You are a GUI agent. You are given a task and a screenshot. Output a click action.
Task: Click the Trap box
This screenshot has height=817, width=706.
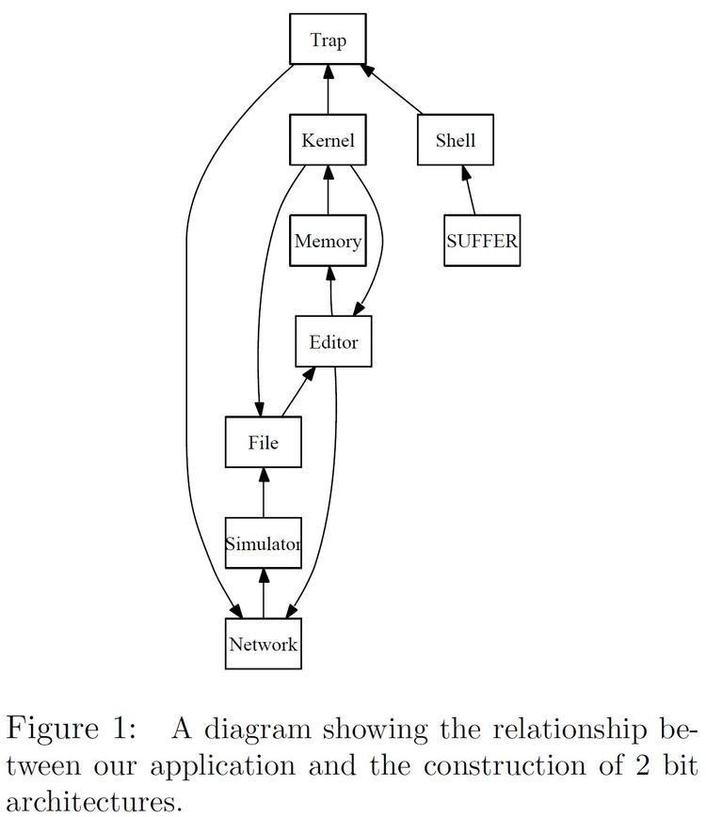(328, 40)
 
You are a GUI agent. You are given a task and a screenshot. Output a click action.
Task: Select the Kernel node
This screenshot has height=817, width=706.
(328, 141)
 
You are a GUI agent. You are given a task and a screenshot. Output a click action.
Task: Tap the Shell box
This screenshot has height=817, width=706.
(456, 141)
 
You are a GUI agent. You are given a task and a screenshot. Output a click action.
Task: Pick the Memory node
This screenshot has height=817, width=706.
(328, 241)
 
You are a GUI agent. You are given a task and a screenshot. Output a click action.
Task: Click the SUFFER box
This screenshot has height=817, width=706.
(482, 241)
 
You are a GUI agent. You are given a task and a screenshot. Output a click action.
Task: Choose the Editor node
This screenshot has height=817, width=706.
(333, 341)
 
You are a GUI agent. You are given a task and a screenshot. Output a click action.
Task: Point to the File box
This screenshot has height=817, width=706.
(264, 442)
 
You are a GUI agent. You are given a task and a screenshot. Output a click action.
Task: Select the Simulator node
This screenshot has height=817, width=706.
(264, 543)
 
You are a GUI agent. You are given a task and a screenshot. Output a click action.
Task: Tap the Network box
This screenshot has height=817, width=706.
(264, 644)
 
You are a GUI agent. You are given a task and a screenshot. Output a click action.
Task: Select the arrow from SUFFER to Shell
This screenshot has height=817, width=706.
(469, 191)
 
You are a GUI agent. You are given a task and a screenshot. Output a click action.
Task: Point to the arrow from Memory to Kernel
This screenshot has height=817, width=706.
(328, 191)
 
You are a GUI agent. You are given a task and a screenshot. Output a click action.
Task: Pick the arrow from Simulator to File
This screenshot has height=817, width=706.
(264, 493)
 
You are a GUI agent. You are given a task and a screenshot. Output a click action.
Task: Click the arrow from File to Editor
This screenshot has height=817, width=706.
(297, 392)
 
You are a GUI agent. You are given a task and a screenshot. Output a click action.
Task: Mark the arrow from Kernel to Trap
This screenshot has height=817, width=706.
(328, 90)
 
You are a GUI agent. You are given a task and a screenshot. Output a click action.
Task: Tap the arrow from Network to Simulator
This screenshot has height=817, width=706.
(264, 593)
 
